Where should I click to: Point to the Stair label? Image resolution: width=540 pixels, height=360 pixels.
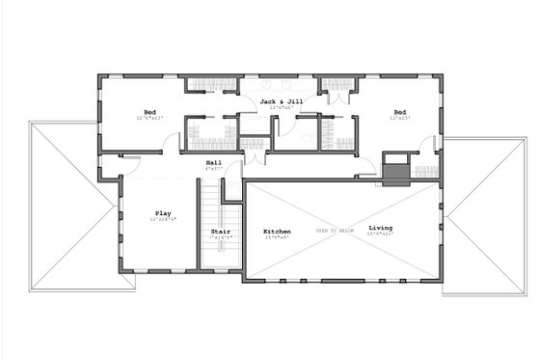pos(219,232)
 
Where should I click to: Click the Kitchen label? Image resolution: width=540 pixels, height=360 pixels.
pos(278,232)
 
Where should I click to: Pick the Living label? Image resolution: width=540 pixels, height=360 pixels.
pos(380,229)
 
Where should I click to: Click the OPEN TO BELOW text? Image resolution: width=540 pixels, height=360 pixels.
pos(335,232)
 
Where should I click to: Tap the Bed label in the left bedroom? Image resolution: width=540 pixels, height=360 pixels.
pos(149,112)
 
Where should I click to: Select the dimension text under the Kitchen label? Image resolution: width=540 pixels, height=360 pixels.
pos(278,238)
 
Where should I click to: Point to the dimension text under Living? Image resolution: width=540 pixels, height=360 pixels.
pos(380,235)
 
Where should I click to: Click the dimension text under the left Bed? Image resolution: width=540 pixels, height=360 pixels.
pos(149,119)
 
